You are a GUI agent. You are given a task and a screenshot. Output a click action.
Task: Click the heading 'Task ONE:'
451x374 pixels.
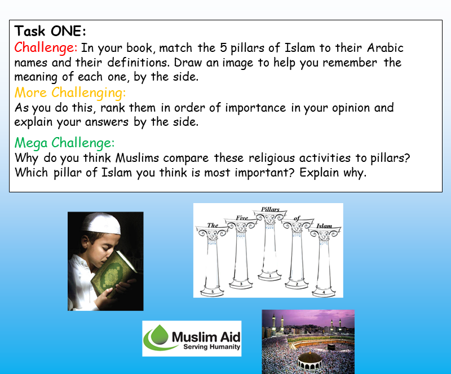tap(50, 31)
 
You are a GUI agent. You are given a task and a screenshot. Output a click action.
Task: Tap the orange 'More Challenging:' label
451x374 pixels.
tap(70, 93)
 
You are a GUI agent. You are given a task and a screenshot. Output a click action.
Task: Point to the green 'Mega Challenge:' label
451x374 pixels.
tap(65, 143)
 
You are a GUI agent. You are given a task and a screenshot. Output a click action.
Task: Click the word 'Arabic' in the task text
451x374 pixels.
tap(384, 48)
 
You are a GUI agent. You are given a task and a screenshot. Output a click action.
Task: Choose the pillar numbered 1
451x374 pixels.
tap(269, 248)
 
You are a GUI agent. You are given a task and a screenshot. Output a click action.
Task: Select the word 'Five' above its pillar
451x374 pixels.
tap(242, 218)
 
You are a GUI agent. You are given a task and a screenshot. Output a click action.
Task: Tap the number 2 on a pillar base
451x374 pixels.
tap(297, 285)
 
